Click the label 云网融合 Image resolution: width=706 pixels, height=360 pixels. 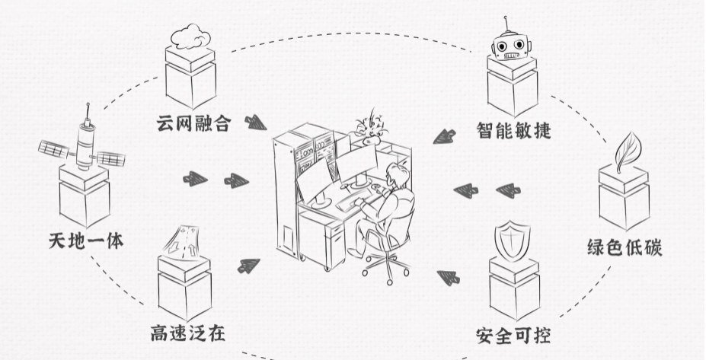tap(191, 122)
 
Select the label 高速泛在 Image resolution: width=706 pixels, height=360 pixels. tap(187, 333)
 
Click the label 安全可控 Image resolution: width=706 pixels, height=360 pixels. tap(511, 333)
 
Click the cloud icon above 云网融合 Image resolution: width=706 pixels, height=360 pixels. tap(190, 36)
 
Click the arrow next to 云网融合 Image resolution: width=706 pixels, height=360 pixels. tap(254, 121)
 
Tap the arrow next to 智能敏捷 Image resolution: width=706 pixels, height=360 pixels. tap(442, 136)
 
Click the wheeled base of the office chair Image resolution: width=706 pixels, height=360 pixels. tap(385, 267)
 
